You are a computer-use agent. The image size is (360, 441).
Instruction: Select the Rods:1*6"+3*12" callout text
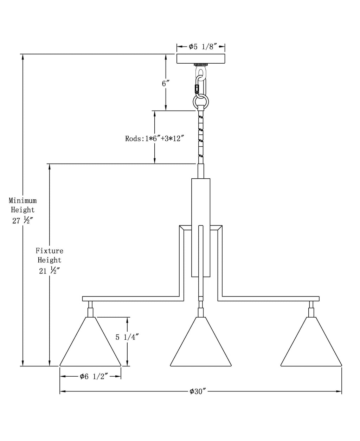[x=154, y=139]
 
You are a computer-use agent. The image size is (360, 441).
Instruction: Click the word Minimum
[x=22, y=200]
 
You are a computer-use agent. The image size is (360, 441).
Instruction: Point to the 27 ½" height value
[x=22, y=220]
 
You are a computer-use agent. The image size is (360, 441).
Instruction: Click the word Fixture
[x=49, y=251]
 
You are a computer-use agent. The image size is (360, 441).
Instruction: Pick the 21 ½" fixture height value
[x=49, y=271]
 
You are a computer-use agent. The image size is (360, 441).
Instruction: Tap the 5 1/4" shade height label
[x=127, y=337]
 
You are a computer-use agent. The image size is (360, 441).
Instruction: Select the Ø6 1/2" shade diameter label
[x=94, y=377]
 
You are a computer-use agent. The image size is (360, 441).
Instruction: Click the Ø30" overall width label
[x=198, y=391]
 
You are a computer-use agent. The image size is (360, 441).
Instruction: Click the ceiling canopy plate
[x=201, y=58]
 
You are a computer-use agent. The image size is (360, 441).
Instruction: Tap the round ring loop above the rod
[x=201, y=103]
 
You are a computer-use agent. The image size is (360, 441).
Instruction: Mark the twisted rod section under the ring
[x=201, y=137]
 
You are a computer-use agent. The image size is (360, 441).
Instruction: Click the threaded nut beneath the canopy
[x=201, y=65]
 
